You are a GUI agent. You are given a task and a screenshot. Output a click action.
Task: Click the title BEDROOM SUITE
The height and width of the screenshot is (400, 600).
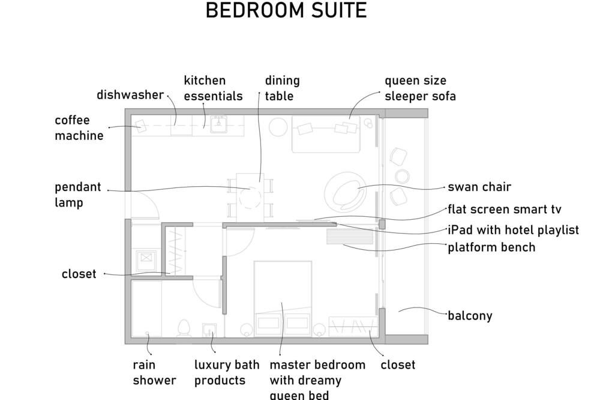[286, 10]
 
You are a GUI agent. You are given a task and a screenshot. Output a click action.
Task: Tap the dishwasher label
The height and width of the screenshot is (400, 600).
[130, 95]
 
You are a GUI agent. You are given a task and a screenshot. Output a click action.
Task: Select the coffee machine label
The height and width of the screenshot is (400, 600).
[79, 127]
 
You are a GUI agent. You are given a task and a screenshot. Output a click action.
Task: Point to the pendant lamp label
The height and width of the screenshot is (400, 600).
[77, 195]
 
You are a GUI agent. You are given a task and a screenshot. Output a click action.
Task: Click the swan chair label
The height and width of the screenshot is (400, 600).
[479, 187]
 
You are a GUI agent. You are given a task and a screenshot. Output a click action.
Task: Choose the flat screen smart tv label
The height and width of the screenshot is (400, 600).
[505, 209]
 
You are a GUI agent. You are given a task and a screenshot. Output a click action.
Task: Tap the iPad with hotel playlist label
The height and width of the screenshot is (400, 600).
[513, 230]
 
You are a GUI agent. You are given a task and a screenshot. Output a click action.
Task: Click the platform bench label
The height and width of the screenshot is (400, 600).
[491, 247]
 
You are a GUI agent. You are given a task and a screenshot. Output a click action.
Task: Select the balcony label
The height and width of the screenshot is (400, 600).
[470, 316]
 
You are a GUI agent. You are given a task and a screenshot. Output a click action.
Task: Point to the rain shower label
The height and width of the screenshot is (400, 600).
[154, 372]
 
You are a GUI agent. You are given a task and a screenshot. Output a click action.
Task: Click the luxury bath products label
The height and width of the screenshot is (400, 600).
[227, 372]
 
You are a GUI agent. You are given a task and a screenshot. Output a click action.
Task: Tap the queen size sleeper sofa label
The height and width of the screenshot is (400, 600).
[420, 88]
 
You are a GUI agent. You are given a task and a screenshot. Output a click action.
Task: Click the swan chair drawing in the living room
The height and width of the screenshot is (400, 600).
[345, 192]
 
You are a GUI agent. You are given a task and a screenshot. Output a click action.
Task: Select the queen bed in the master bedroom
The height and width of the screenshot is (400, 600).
[283, 299]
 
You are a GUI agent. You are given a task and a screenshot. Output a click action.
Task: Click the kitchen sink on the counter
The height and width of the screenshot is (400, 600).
[218, 123]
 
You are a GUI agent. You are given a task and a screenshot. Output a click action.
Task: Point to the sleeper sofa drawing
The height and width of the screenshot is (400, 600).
[326, 134]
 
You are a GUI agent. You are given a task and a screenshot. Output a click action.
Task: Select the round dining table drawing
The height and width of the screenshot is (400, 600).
[250, 198]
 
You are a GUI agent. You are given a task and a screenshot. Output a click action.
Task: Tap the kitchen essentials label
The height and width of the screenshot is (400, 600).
[213, 88]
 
